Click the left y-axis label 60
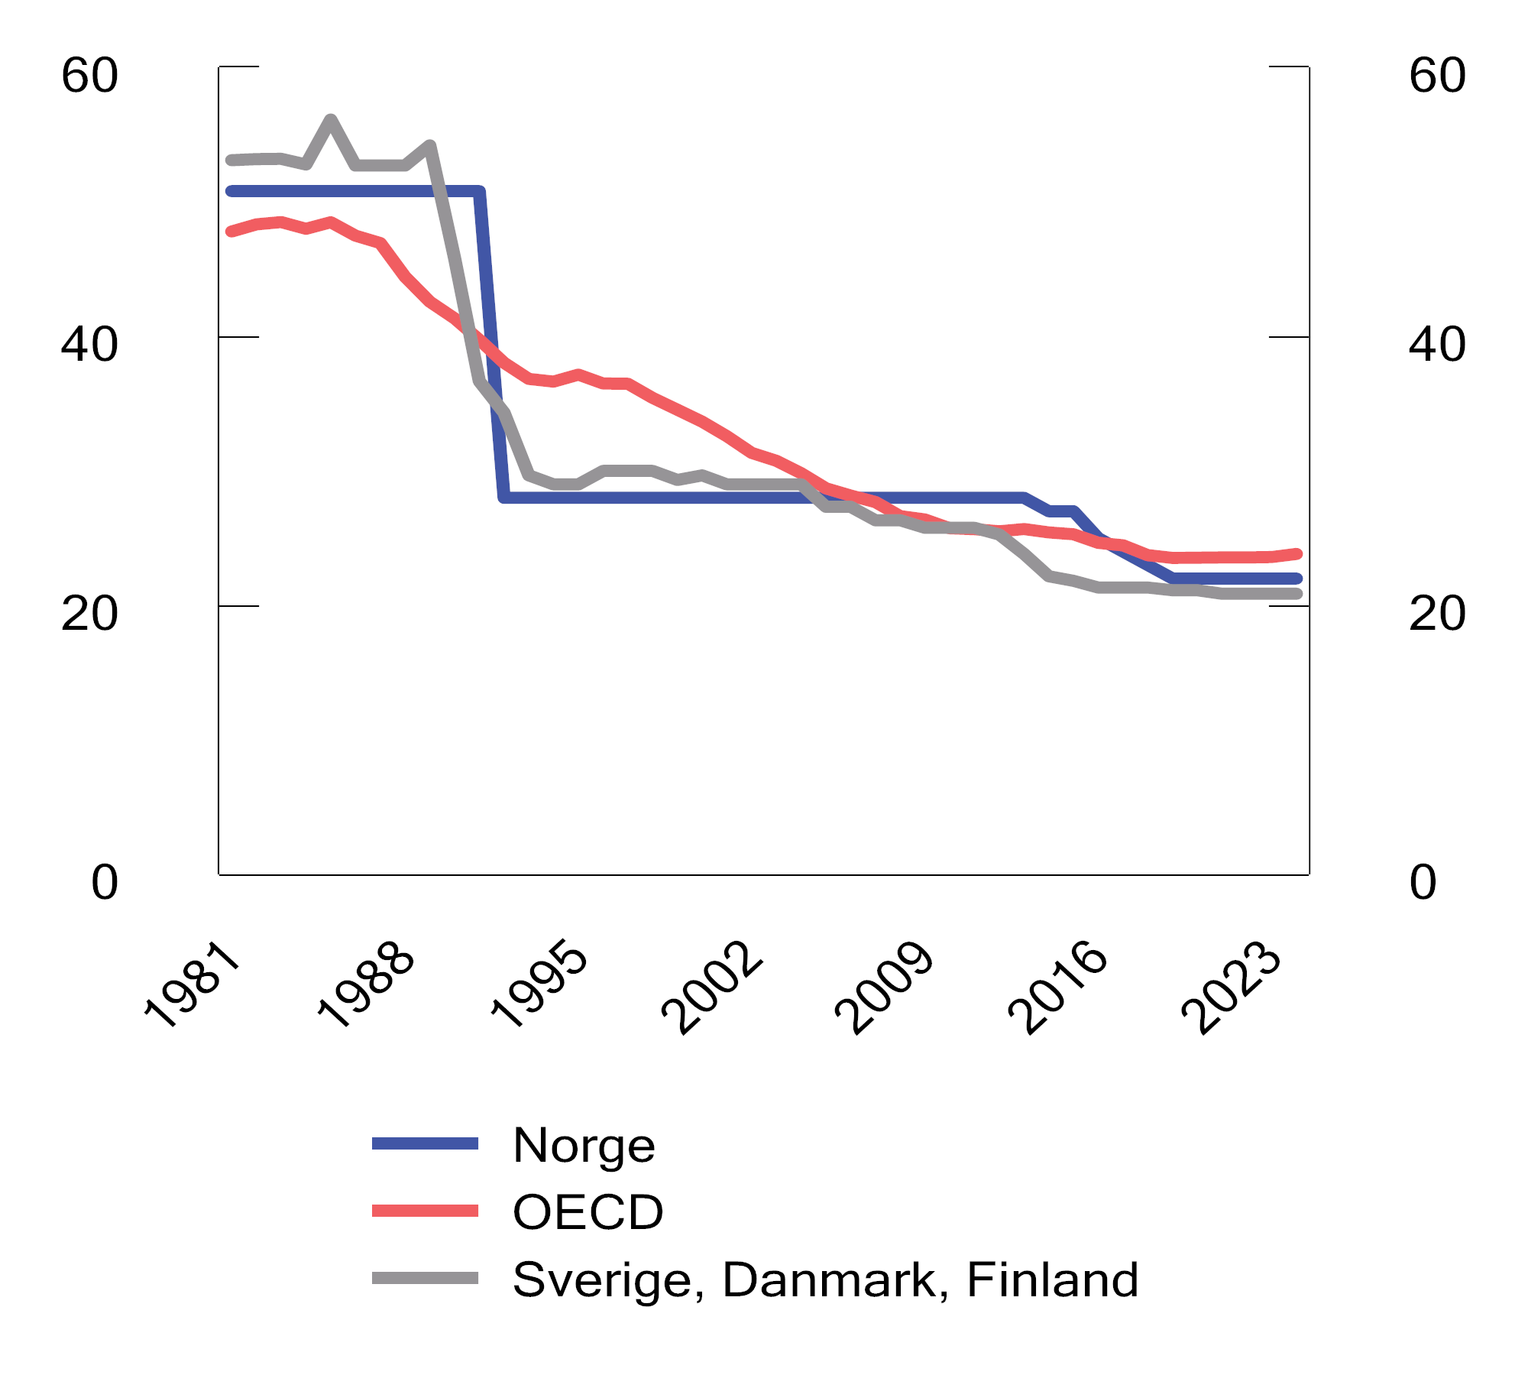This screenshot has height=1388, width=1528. pyautogui.click(x=89, y=76)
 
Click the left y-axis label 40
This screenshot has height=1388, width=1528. pyautogui.click(x=89, y=345)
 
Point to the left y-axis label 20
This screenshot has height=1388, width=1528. pyautogui.click(x=89, y=614)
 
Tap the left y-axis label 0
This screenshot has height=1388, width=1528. pyautogui.click(x=105, y=883)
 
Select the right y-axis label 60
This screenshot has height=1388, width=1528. pyautogui.click(x=1437, y=76)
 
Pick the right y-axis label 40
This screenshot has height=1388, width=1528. pyautogui.click(x=1437, y=345)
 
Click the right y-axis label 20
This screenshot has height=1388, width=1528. pyautogui.click(x=1437, y=614)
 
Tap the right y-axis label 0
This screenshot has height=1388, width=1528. pyautogui.click(x=1423, y=883)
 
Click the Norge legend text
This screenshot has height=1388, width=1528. pyautogui.click(x=584, y=1146)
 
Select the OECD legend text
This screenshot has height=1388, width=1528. pyautogui.click(x=588, y=1212)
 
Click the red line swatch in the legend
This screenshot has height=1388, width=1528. pyautogui.click(x=425, y=1211)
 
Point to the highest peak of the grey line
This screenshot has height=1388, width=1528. pyautogui.click(x=331, y=120)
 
